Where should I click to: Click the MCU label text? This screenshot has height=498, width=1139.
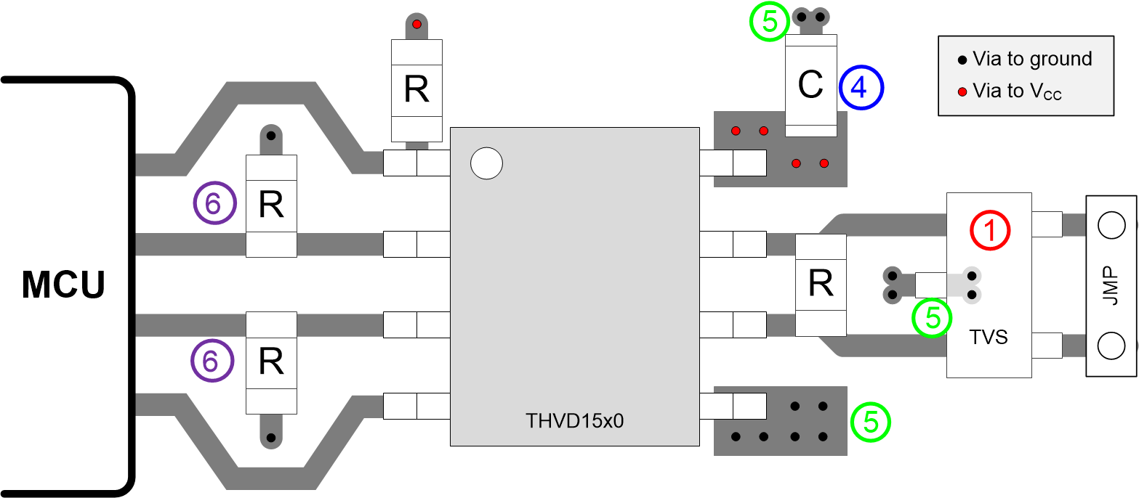click(64, 285)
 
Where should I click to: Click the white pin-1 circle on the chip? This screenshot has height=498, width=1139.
click(486, 163)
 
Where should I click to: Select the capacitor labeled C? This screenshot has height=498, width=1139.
click(810, 85)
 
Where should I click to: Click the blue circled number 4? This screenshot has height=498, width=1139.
click(861, 87)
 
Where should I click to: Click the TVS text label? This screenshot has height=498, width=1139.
click(988, 337)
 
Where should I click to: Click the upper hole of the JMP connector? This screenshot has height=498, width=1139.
click(1111, 226)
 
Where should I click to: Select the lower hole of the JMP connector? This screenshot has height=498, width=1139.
click(1111, 346)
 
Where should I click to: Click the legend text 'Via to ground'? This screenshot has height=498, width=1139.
click(1031, 59)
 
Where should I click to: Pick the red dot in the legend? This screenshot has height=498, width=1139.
click(962, 91)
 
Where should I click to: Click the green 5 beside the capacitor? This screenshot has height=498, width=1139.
click(770, 23)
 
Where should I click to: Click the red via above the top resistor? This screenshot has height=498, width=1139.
click(416, 25)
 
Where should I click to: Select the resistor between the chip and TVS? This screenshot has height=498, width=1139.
click(821, 285)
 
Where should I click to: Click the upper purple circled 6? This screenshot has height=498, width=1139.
click(214, 204)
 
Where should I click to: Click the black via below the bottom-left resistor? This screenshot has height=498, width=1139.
click(270, 438)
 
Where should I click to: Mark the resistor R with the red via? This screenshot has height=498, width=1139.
click(416, 90)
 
